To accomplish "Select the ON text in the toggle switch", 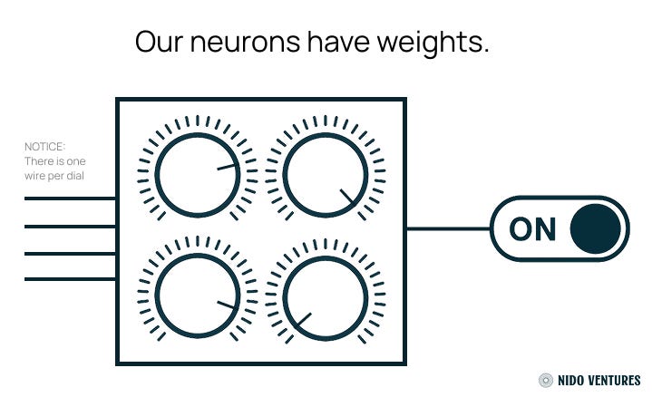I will click(532, 229).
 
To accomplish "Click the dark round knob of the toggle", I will click(596, 228).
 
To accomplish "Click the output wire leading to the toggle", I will click(448, 228).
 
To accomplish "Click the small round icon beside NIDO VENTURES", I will click(546, 381).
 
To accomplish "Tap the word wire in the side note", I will click(35, 175).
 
